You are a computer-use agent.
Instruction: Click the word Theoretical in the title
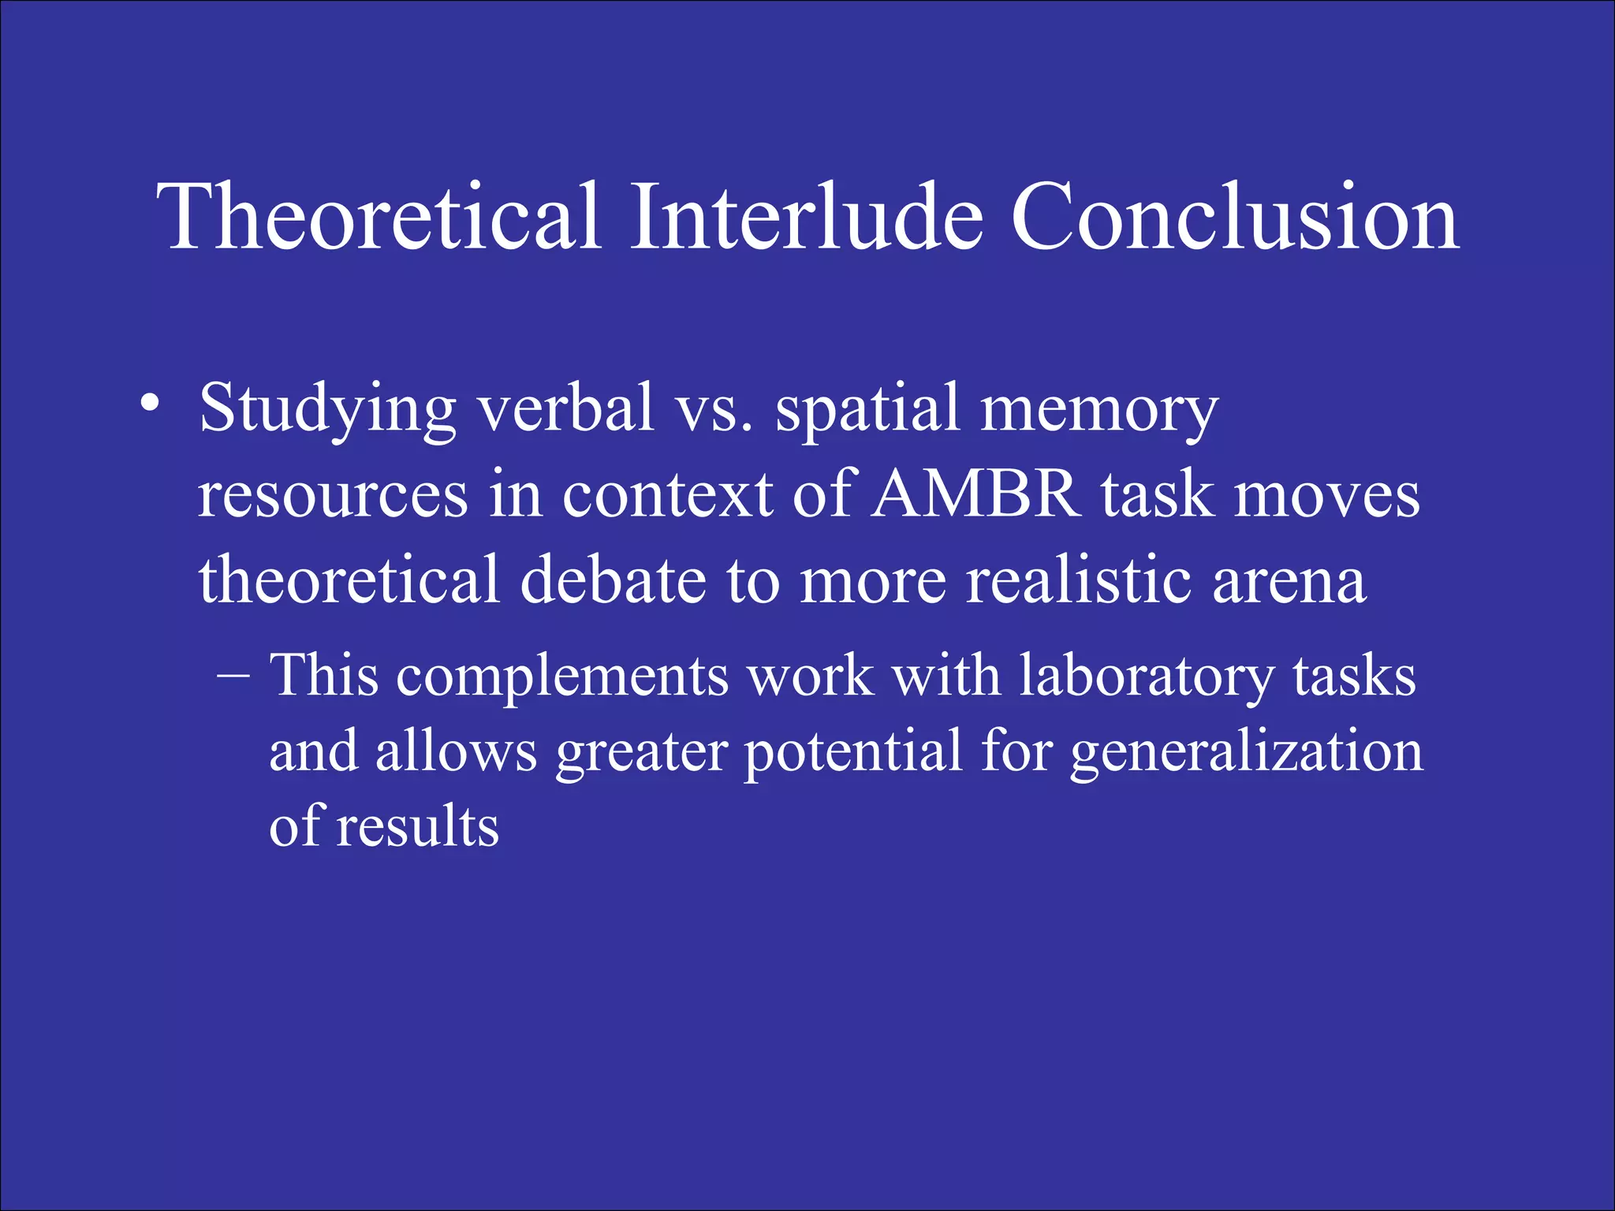(x=379, y=217)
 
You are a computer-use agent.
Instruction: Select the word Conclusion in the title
(x=1234, y=217)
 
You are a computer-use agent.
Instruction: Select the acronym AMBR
(x=975, y=495)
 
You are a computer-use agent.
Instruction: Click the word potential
(x=853, y=752)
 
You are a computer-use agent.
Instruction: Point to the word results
(x=417, y=826)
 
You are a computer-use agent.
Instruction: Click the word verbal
(x=566, y=408)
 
